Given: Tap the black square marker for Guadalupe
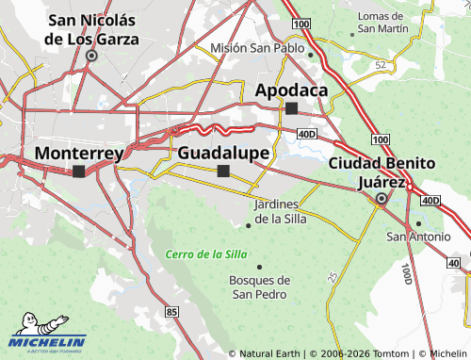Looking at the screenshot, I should (223, 171).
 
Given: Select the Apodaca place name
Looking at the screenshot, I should (292, 90).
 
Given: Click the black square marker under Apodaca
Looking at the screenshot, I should (292, 108).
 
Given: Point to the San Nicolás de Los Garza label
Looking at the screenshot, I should (92, 29).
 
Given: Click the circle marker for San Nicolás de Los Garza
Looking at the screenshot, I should (91, 56).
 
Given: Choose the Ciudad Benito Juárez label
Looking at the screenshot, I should (382, 172).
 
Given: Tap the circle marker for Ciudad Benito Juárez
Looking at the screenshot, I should (382, 199).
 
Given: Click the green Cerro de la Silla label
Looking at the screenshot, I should (205, 254).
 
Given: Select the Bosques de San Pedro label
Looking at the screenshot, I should (260, 286).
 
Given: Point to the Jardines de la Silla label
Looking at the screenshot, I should (277, 212).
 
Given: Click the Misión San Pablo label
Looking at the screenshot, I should (257, 48).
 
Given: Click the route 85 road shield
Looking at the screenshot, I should (171, 311).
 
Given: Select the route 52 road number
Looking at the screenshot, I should (381, 64).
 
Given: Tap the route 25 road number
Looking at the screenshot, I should (333, 277).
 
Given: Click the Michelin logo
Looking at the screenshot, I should (47, 341).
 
